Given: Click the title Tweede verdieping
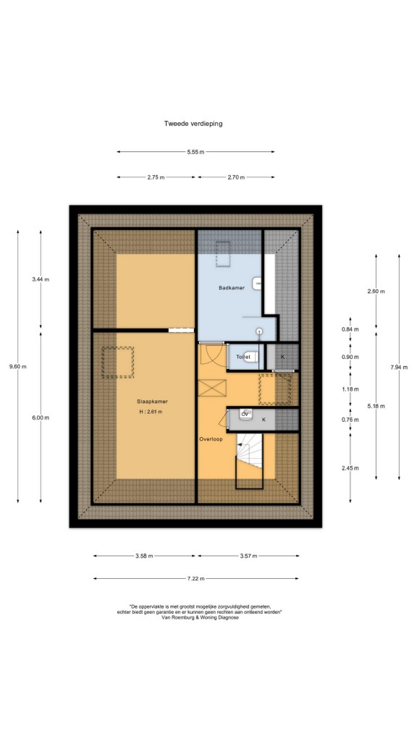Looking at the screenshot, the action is [x=193, y=124].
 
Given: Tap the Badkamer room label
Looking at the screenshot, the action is [x=231, y=288].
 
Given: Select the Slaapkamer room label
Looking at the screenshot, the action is [x=153, y=402].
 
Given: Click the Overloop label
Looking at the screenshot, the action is [x=211, y=439].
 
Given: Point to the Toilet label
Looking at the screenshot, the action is [x=243, y=357].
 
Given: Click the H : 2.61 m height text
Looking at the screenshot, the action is [x=151, y=412].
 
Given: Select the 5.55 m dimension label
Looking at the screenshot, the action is [x=195, y=152].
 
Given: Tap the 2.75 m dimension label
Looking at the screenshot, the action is [x=156, y=177].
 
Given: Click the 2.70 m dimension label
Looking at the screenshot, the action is [x=236, y=177].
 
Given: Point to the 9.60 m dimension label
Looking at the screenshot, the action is [x=18, y=366].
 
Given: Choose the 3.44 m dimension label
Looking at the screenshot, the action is [x=41, y=279].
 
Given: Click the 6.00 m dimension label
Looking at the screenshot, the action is [x=41, y=418].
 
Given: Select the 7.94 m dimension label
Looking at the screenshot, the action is [x=399, y=367].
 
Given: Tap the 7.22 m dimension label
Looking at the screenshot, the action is [x=195, y=578].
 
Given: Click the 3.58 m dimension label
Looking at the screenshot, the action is [x=144, y=556].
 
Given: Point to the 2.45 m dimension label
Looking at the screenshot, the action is [x=350, y=468].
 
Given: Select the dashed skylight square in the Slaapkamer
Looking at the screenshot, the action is [x=118, y=362].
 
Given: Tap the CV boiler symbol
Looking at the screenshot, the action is [x=245, y=413].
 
